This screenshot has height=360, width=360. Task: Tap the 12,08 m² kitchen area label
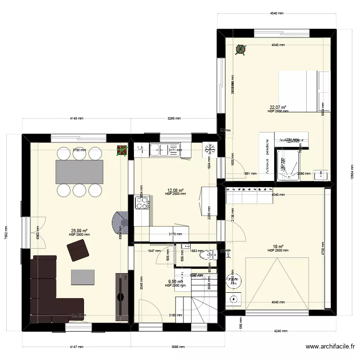175,191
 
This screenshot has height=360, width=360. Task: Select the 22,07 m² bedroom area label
277,108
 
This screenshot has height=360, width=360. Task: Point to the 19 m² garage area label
278,247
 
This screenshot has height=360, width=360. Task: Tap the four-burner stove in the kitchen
142,204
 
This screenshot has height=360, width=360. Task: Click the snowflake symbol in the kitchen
209,149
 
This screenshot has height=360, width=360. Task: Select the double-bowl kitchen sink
165,149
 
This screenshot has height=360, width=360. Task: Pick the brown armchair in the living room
78,251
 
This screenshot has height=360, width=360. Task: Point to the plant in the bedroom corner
240,49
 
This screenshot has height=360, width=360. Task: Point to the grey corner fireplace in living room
119,223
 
